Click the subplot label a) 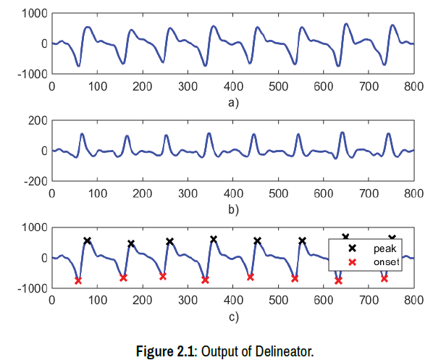(x=232, y=102)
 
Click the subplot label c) (x=232, y=317)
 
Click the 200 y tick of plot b (x=38, y=121)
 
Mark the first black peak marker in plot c (x=87, y=240)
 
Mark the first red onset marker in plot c (x=77, y=281)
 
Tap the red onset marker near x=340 (x=205, y=280)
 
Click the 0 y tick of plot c (x=44, y=259)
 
